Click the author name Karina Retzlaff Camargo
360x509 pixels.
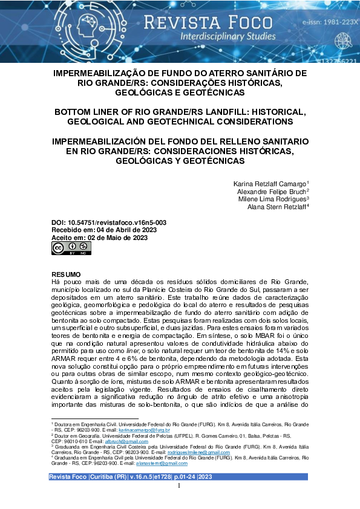tap(270, 183)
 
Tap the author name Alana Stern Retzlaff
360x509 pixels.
tap(277, 206)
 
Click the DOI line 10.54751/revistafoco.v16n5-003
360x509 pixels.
tap(109, 222)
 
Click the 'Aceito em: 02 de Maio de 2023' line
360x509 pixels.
tap(100, 238)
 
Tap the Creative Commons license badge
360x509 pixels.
tap(67, 248)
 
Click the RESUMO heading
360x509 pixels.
tap(66, 274)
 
